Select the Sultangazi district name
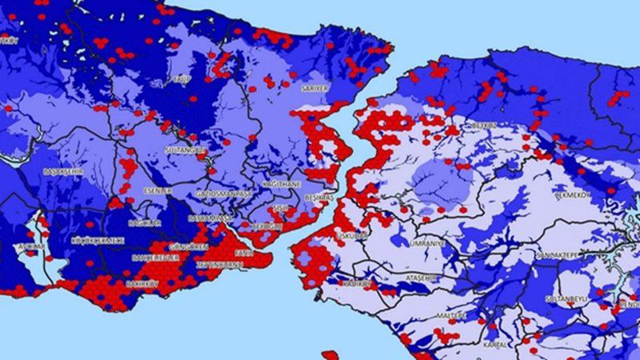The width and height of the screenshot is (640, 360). pos(185,150)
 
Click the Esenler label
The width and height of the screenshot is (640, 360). pos(158,190)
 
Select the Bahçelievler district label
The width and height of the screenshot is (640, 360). pos(157,258)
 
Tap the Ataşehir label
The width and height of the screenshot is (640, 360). pos(424,277)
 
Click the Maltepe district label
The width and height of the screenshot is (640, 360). pos(449,315)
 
